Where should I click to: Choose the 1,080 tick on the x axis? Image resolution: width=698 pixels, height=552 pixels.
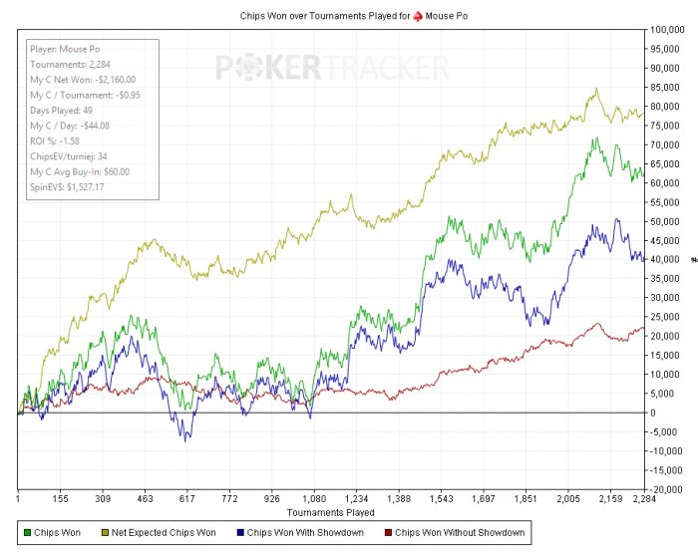[313, 500]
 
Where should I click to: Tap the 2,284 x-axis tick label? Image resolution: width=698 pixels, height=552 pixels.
[643, 500]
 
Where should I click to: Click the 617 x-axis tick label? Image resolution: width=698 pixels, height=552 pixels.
[185, 500]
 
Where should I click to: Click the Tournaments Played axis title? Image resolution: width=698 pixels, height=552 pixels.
[330, 512]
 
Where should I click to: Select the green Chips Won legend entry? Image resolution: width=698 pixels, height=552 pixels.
[54, 533]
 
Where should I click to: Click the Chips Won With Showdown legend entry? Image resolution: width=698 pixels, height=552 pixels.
[303, 533]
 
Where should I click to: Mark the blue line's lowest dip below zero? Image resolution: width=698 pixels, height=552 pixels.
[185, 439]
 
